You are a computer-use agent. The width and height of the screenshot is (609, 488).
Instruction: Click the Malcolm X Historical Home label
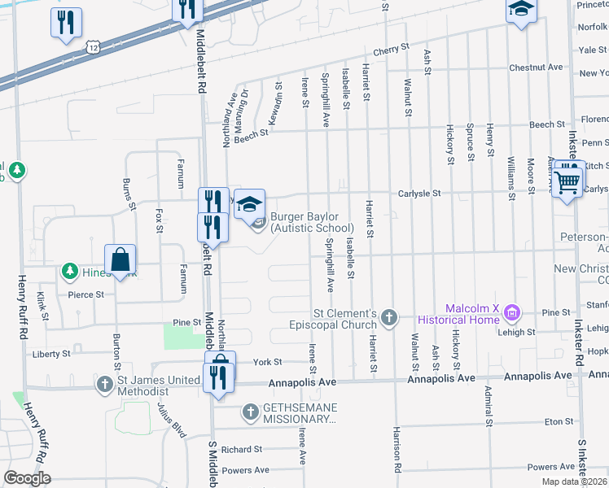pyautogui.click(x=459, y=313)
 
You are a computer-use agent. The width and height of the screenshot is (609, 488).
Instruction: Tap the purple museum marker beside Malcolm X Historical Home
pyautogui.click(x=511, y=312)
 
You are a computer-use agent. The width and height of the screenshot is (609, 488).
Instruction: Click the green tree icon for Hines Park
pyautogui.click(x=71, y=270)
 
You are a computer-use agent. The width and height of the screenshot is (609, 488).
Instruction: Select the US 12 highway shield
pyautogui.click(x=95, y=49)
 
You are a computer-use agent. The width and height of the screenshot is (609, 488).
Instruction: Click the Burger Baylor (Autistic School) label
pyautogui.click(x=312, y=222)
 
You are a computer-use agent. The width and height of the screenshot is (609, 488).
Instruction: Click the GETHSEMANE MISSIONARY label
pyautogui.click(x=299, y=414)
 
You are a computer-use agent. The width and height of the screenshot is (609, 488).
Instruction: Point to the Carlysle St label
pyautogui.click(x=418, y=194)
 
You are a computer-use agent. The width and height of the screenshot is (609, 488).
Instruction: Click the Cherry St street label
pyautogui.click(x=391, y=50)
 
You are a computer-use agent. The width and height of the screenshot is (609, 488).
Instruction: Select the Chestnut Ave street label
pyautogui.click(x=535, y=67)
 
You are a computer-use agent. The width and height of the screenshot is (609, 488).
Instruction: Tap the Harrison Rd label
pyautogui.click(x=397, y=461)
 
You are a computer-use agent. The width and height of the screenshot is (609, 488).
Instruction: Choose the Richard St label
pyautogui.click(x=241, y=449)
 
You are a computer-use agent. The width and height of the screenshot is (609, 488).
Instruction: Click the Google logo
pyautogui.click(x=27, y=478)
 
